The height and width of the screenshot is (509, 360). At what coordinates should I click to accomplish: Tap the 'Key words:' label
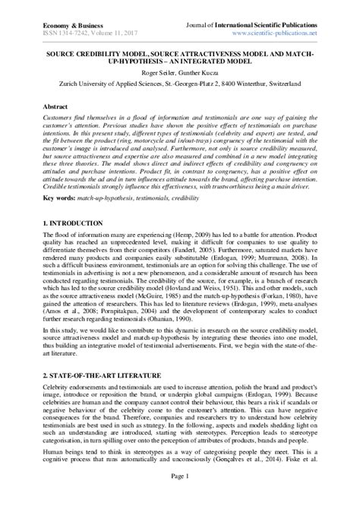point(60,197)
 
